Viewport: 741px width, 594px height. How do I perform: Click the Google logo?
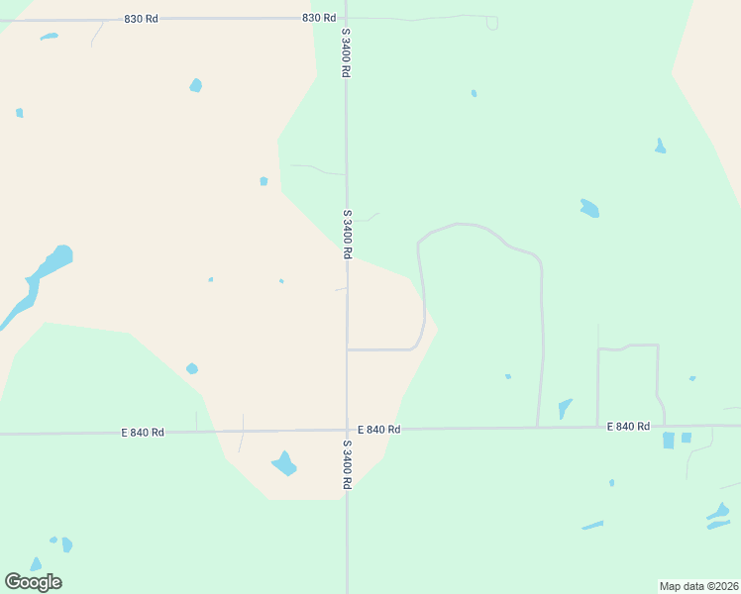click(x=33, y=582)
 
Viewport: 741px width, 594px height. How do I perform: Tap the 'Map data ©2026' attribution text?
click(x=698, y=586)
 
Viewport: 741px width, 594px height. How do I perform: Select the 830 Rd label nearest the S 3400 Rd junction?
click(x=318, y=18)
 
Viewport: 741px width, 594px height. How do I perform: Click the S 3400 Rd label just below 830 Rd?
click(x=347, y=52)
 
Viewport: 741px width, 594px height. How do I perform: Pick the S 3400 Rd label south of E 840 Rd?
click(x=347, y=464)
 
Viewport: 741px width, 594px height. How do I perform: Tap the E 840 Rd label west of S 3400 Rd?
click(x=143, y=433)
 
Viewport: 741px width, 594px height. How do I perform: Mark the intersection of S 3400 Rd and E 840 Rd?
click(x=347, y=430)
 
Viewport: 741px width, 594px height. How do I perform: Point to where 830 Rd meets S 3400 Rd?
click(x=346, y=18)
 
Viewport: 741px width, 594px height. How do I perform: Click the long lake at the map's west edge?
click(x=40, y=277)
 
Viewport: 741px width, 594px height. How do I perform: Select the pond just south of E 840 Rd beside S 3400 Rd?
click(x=284, y=462)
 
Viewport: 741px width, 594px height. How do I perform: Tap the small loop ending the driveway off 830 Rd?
click(x=492, y=23)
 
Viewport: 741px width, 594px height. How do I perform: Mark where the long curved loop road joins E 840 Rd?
click(x=537, y=428)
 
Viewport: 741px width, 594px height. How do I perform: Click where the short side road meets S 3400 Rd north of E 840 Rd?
click(x=347, y=349)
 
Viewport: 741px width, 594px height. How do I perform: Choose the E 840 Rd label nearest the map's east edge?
click(x=628, y=426)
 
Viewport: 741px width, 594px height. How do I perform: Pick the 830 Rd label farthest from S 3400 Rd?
click(x=141, y=19)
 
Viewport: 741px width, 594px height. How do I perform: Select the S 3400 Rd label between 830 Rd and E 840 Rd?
click(x=347, y=234)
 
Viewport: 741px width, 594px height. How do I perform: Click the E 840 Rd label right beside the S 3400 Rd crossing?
click(x=378, y=430)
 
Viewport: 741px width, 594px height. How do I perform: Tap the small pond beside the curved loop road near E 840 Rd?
click(x=565, y=407)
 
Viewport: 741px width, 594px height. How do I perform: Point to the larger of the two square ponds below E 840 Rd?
click(x=669, y=440)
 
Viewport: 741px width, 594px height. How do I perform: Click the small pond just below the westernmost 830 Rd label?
click(x=49, y=38)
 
